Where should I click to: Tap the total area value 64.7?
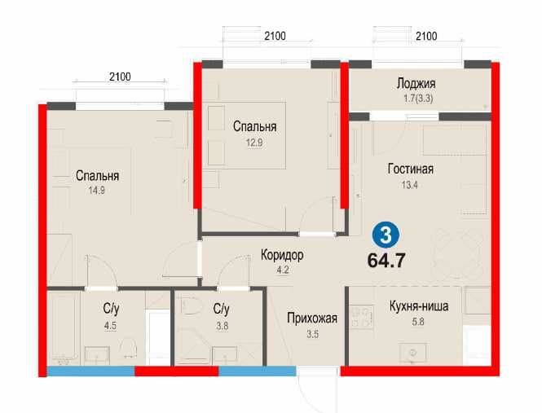click(387, 261)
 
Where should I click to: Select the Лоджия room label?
click(416, 83)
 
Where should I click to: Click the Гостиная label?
click(410, 169)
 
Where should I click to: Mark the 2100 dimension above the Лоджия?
click(425, 36)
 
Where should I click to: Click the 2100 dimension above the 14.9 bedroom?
click(119, 77)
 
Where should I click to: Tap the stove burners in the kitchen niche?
click(360, 316)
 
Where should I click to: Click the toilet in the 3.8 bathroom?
click(190, 309)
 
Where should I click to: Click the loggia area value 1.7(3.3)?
click(415, 97)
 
